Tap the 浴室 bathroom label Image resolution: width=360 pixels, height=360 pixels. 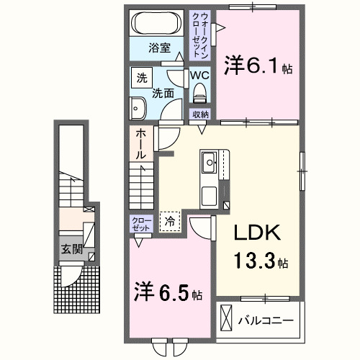160,48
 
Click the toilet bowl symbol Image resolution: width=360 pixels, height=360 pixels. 199,92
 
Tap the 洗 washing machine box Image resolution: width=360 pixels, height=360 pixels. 141,78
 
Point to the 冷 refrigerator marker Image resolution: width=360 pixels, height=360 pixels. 171,221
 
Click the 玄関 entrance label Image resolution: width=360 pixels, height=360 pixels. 71,250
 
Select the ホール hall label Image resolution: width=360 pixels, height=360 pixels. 141,143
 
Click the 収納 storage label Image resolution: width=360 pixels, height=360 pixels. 199,114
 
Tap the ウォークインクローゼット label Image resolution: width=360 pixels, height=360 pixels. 199,35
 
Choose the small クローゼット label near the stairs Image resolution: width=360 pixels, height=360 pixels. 141,223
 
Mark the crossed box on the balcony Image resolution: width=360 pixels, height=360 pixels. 227,317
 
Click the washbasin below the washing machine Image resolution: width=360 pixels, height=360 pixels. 138,108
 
